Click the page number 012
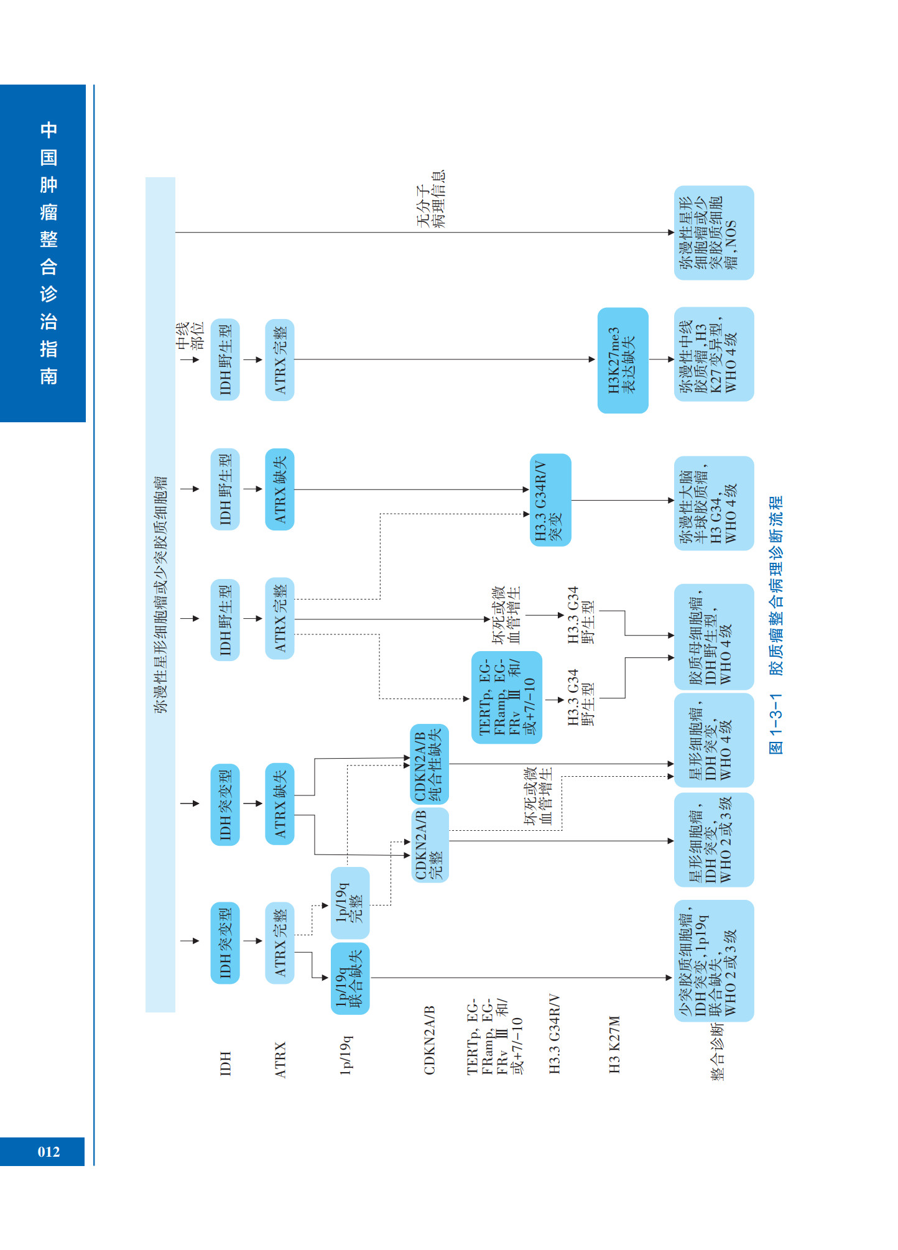click(x=49, y=1152)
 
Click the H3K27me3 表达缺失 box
click(x=623, y=361)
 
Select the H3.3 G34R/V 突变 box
click(x=550, y=500)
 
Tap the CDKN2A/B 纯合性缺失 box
click(x=429, y=764)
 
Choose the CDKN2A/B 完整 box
click(x=430, y=844)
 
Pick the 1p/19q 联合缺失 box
click(x=349, y=978)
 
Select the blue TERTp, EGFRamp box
click(x=506, y=697)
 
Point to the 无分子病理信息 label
click(x=431, y=199)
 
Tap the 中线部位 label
click(x=190, y=336)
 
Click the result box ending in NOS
click(x=713, y=233)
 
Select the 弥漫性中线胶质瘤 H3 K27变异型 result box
click(x=713, y=354)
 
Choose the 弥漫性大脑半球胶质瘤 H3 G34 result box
click(x=713, y=503)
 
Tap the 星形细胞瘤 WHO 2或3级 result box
click(x=713, y=840)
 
